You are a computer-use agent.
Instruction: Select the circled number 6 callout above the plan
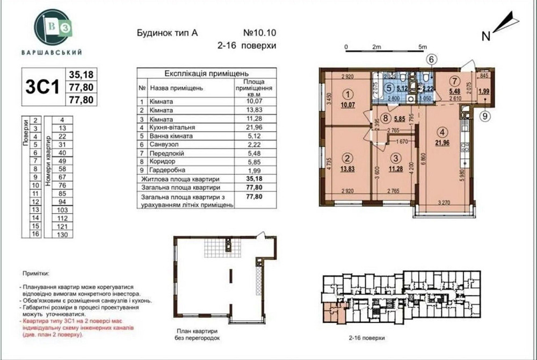[433, 60]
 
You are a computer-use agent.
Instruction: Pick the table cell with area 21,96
[252, 127]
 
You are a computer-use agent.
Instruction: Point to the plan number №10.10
[263, 33]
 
